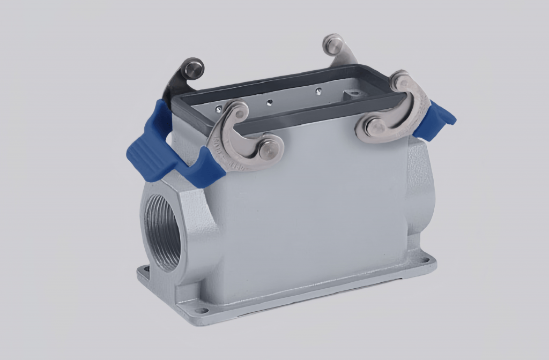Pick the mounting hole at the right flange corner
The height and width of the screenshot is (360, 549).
tap(426, 261)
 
